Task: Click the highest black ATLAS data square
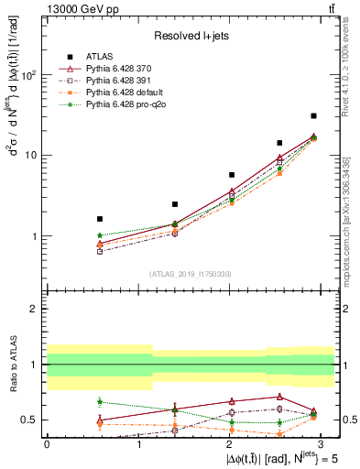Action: (x=313, y=116)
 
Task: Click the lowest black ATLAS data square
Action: (x=73, y=219)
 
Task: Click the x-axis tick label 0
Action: (x=47, y=444)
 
